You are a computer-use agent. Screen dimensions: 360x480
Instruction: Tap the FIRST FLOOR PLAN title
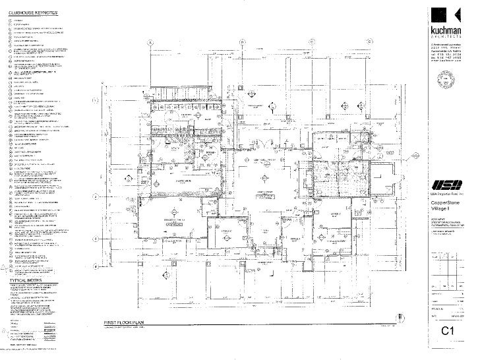pyautogui.click(x=126, y=322)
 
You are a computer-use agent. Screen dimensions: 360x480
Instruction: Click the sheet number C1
pyautogui.click(x=449, y=331)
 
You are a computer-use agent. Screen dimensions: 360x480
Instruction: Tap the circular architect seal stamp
pyautogui.click(x=450, y=88)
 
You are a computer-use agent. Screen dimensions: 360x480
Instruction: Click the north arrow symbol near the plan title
pyautogui.click(x=383, y=323)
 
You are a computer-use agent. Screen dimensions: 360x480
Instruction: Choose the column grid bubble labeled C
pyautogui.click(x=311, y=41)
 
